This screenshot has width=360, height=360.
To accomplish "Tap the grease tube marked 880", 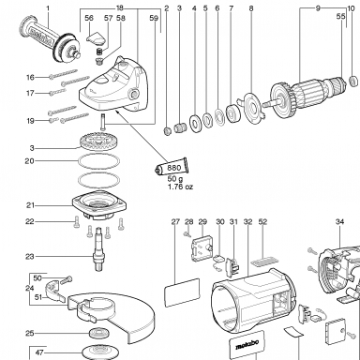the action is click(x=172, y=167).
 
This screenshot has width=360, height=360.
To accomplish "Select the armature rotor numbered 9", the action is click(x=307, y=93).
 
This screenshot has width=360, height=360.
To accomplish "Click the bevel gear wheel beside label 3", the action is click(x=96, y=142).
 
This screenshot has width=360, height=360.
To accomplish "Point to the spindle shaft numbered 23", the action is click(x=98, y=249).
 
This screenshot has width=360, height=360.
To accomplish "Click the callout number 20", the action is click(x=29, y=161).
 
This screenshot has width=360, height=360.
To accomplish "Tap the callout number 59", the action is click(x=154, y=18).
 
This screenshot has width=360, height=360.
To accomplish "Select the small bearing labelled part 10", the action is click(x=353, y=81).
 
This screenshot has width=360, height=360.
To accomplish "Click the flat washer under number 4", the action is click(x=196, y=124).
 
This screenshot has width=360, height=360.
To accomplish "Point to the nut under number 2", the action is click(x=168, y=130).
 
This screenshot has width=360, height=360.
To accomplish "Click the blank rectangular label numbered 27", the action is click(x=182, y=292).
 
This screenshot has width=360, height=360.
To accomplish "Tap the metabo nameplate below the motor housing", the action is click(x=247, y=345).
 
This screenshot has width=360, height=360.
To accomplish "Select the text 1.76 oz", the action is click(x=181, y=187).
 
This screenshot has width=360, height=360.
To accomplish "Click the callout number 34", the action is click(x=339, y=221).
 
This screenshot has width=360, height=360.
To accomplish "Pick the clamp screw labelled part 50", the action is click(x=67, y=280).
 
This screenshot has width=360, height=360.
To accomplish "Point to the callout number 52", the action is click(x=262, y=221).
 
